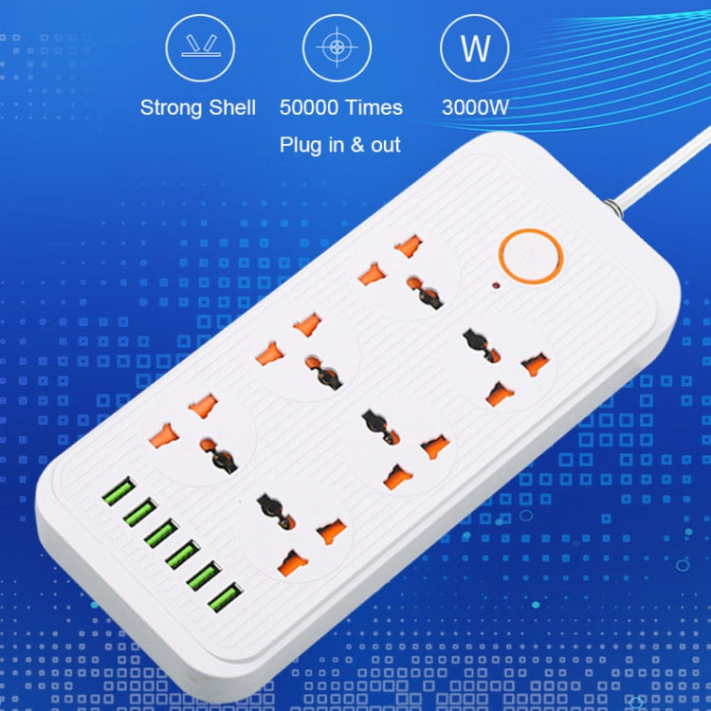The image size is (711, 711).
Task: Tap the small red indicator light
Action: pyautogui.click(x=496, y=286)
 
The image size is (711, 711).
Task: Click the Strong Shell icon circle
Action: pyautogui.click(x=200, y=47)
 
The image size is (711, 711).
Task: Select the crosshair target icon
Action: pyautogui.click(x=337, y=47)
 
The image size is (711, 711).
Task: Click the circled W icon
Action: pyautogui.click(x=474, y=47)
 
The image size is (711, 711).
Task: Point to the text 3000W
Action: pyautogui.click(x=475, y=107)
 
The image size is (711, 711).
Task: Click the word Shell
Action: pyautogui.click(x=232, y=107)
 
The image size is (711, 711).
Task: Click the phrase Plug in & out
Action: pyautogui.click(x=340, y=145)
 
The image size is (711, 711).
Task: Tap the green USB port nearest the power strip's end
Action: pyautogui.click(x=226, y=597)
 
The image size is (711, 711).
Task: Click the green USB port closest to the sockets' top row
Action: pyautogui.click(x=118, y=491)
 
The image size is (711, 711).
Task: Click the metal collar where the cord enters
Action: pyautogui.click(x=612, y=208)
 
